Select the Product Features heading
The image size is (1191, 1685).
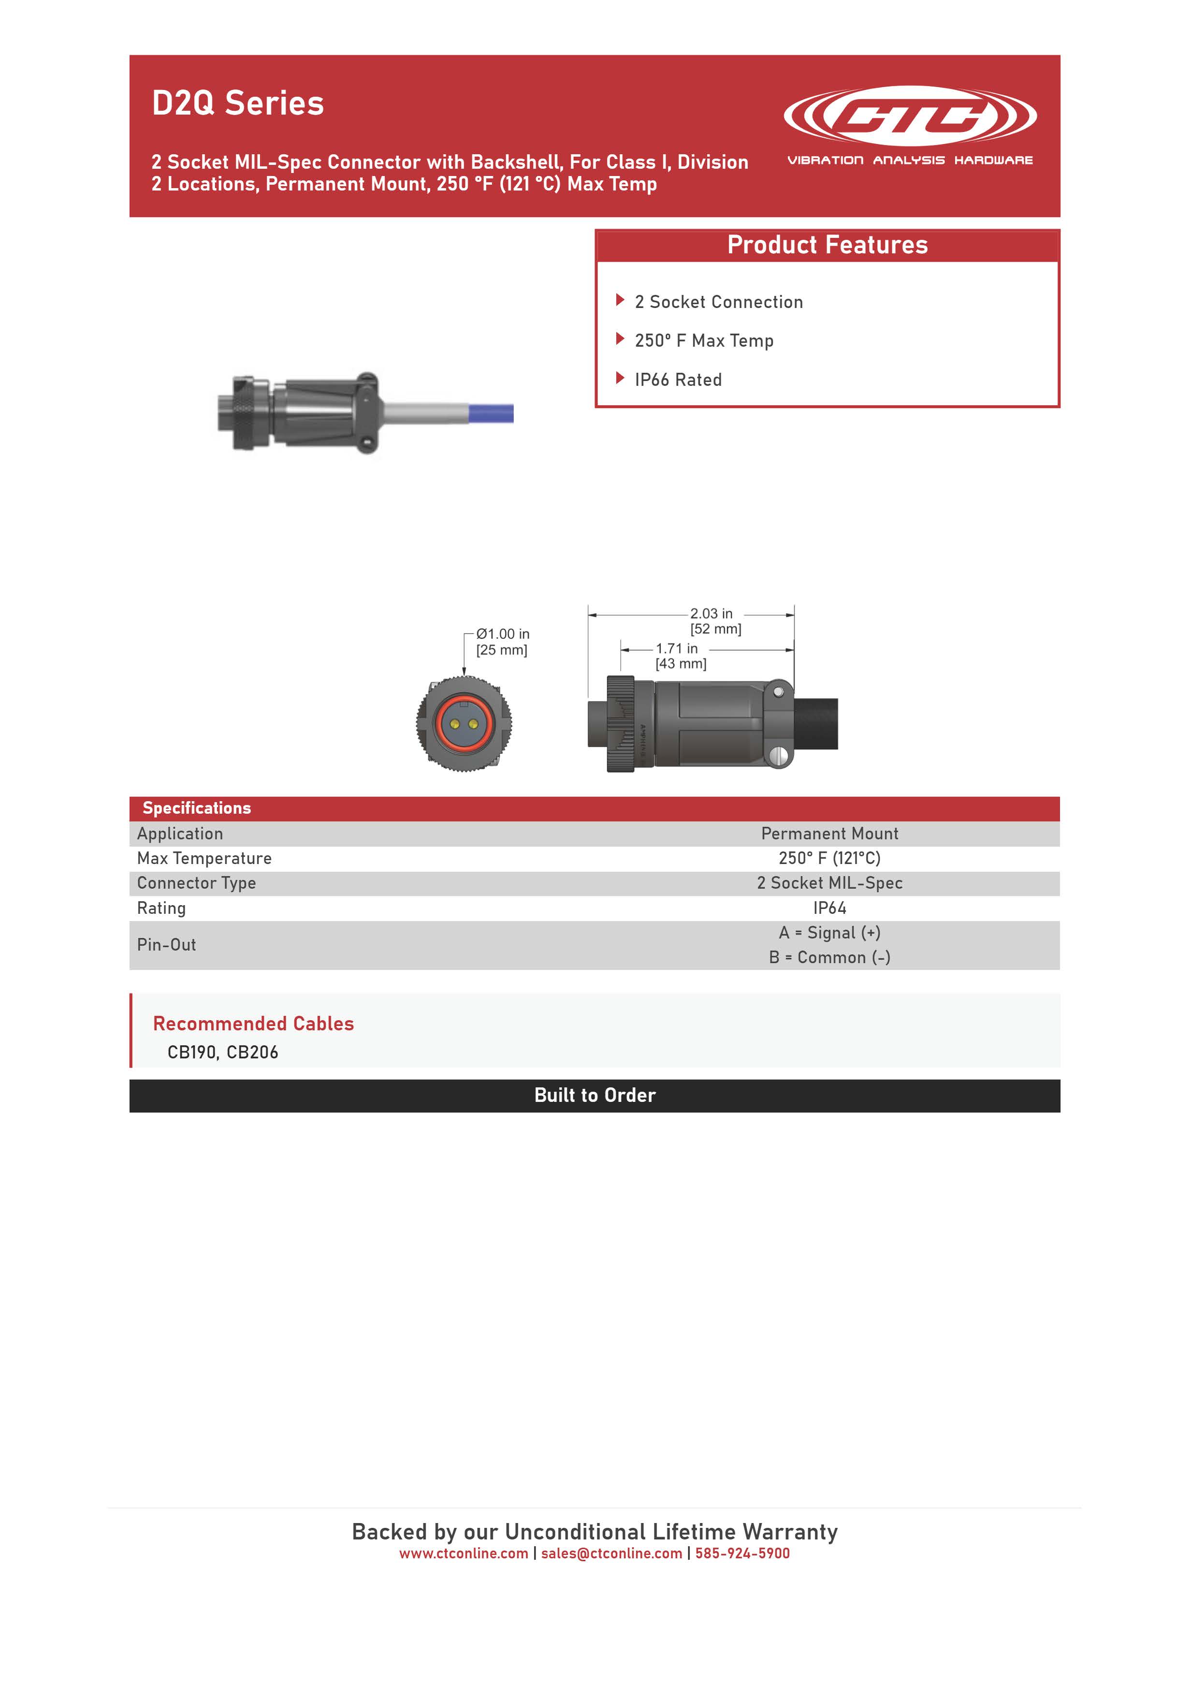pyautogui.click(x=827, y=245)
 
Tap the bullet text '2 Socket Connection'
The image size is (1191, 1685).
pyautogui.click(x=718, y=302)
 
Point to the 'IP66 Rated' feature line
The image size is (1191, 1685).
pyautogui.click(x=678, y=380)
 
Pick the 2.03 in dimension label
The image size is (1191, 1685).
pyautogui.click(x=711, y=614)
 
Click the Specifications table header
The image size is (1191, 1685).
pyautogui.click(x=197, y=808)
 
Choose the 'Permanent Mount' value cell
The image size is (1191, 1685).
pyautogui.click(x=829, y=834)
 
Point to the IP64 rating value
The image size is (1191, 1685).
pyautogui.click(x=829, y=908)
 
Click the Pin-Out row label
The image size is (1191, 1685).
pyautogui.click(x=167, y=945)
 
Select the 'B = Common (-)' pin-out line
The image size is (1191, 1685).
pyautogui.click(x=829, y=958)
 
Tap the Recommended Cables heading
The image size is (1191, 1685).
pyautogui.click(x=253, y=1024)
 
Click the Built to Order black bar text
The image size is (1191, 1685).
pyautogui.click(x=595, y=1096)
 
